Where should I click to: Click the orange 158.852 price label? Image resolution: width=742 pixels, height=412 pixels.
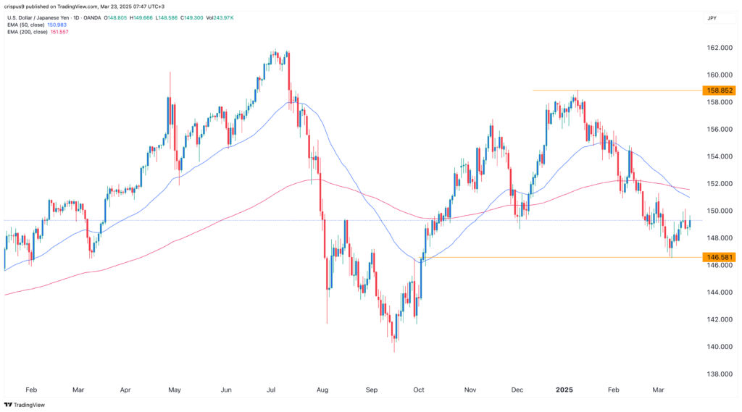pyautogui.click(x=717, y=91)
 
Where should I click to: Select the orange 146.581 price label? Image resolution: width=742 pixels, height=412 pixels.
pyautogui.click(x=717, y=257)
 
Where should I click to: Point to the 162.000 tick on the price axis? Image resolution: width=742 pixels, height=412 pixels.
pyautogui.click(x=717, y=48)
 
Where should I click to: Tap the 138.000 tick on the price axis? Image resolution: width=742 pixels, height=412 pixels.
pyautogui.click(x=717, y=374)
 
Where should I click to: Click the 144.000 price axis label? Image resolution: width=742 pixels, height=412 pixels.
pyautogui.click(x=717, y=293)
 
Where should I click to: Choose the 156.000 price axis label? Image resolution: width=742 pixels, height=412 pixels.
pyautogui.click(x=717, y=130)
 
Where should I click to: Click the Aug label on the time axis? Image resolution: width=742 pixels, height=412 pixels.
pyautogui.click(x=322, y=390)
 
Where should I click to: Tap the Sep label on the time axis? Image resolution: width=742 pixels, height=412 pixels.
pyautogui.click(x=372, y=390)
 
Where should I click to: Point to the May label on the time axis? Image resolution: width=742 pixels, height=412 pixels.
pyautogui.click(x=175, y=390)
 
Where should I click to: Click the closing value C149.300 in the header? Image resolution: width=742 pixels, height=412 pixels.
pyautogui.click(x=219, y=16)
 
